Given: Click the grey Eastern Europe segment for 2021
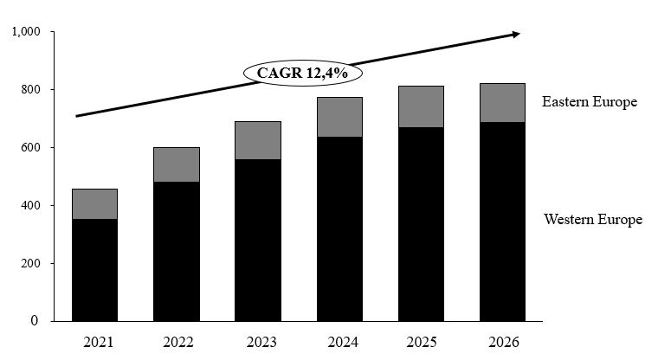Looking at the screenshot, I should pos(94,203).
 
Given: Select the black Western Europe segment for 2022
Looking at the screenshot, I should pos(176,251).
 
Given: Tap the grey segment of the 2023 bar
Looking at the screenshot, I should pos(258,140).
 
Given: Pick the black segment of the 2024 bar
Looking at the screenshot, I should pos(339,228).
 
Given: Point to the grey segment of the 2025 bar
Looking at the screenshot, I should pos(421,106).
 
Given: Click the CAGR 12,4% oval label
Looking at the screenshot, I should pos(302,73).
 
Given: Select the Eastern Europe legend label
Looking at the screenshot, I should pos(589,102).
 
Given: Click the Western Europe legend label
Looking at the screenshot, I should pos(593,220).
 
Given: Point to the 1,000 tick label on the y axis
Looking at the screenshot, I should pos(26,32).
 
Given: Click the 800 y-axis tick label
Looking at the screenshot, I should pos(33,90).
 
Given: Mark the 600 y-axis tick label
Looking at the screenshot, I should pos(33,148).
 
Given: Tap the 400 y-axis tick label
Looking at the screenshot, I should pos(33,206).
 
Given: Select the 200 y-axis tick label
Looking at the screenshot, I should pos(33,264).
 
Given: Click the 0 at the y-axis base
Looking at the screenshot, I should pos(35,321).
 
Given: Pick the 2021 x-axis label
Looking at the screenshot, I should pos(94,342).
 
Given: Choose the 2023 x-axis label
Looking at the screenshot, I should pos(258,342).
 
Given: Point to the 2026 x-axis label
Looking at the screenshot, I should pos(502,342).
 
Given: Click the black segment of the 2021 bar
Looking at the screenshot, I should pos(94,269).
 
